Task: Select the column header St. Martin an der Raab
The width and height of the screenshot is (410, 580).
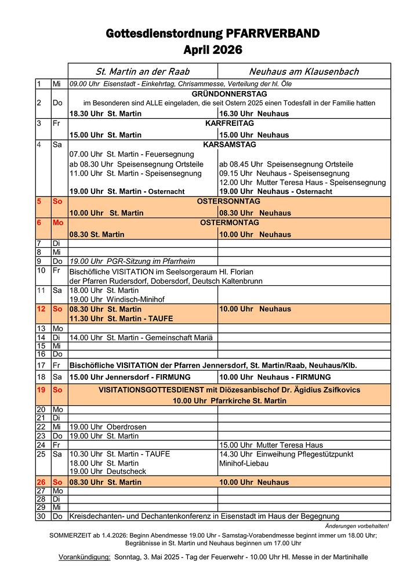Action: pyautogui.click(x=143, y=71)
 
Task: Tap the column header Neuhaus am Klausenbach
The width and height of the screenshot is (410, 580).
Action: pyautogui.click(x=304, y=71)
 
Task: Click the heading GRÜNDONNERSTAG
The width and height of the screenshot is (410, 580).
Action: pyautogui.click(x=229, y=94)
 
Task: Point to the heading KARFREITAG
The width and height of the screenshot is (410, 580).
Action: pyautogui.click(x=229, y=124)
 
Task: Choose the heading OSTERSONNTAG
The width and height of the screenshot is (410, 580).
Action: pyautogui.click(x=229, y=201)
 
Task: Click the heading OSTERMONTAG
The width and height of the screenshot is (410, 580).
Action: pyautogui.click(x=229, y=223)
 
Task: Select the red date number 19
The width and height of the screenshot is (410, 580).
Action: pyautogui.click(x=41, y=390)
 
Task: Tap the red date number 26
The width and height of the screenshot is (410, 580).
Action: pyautogui.click(x=41, y=482)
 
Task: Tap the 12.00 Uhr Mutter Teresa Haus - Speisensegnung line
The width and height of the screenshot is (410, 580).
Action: pyautogui.click(x=302, y=182)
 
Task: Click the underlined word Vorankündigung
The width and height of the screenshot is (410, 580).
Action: pyautogui.click(x=85, y=557)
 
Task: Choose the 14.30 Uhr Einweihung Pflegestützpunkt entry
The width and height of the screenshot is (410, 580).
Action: pyautogui.click(x=286, y=454)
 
